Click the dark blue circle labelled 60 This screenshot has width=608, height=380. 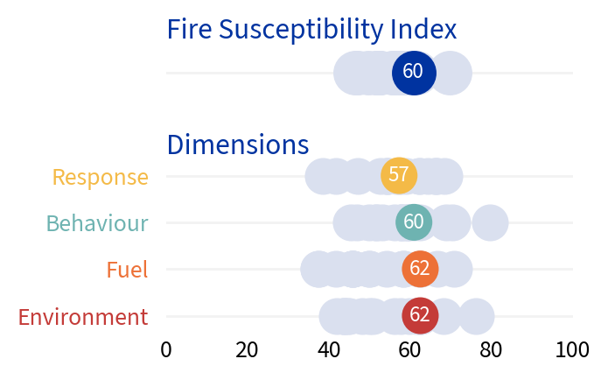click(414, 73)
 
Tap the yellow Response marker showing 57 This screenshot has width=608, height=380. click(399, 175)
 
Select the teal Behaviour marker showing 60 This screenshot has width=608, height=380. click(414, 222)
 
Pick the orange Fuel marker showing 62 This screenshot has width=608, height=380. click(420, 269)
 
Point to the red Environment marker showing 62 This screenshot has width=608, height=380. click(420, 315)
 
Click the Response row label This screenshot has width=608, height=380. click(101, 177)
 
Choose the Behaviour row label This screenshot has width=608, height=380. click(97, 223)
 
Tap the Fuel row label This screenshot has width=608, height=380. click(127, 270)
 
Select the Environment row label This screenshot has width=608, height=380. click(83, 317)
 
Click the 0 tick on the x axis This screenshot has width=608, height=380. click(166, 350)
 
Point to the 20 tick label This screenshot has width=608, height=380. click(247, 350)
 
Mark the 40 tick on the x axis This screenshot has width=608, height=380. click(329, 350)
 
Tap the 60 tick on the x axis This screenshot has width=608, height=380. click(410, 350)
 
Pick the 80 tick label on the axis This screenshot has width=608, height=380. click(492, 350)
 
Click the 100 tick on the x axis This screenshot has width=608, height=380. click(572, 350)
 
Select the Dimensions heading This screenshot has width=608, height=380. click(237, 144)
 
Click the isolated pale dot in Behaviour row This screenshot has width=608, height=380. click(490, 222)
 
